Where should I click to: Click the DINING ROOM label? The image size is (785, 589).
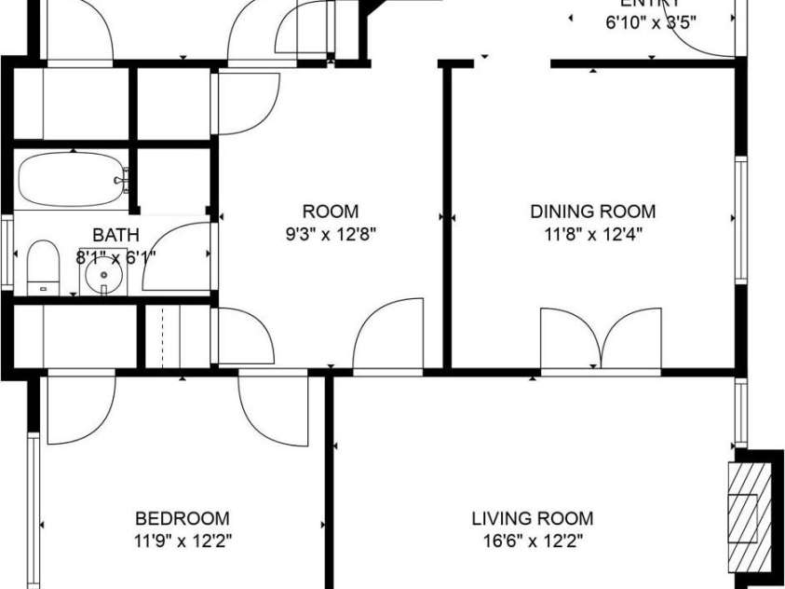[592, 212]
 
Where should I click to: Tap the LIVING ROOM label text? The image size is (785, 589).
[532, 519]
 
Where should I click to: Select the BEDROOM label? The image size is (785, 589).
[183, 519]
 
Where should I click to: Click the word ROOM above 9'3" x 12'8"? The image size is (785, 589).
[331, 212]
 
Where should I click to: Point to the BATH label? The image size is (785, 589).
[115, 235]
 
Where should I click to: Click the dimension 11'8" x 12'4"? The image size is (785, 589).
[592, 235]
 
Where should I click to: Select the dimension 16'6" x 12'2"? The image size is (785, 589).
[532, 541]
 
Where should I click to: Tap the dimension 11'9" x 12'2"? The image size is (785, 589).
[183, 541]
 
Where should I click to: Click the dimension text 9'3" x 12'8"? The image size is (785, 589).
[331, 235]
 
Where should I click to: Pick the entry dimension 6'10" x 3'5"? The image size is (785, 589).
[651, 23]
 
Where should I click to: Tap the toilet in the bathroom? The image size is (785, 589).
[42, 267]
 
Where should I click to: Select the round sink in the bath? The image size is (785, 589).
[99, 278]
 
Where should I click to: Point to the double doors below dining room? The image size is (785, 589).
[601, 342]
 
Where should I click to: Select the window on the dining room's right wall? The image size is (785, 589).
[741, 220]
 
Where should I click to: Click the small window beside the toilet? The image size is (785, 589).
[7, 249]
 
